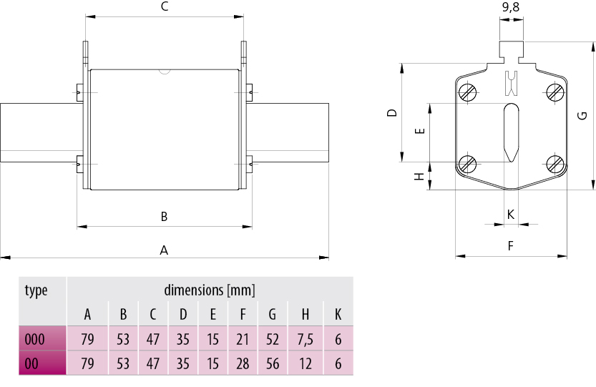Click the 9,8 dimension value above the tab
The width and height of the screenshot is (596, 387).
[x=511, y=9]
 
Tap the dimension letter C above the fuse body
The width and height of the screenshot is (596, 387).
[x=164, y=7]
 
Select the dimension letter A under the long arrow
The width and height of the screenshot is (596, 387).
[x=164, y=250]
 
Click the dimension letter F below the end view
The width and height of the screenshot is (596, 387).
[x=511, y=246]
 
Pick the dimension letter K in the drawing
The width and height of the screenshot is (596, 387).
[x=511, y=214]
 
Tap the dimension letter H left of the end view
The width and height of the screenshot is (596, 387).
[x=420, y=176]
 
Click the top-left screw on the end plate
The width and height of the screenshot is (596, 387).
[x=468, y=92]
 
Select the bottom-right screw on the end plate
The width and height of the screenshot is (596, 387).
[x=555, y=164]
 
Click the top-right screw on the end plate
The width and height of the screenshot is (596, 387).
[x=555, y=92]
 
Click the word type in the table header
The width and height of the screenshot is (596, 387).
[x=36, y=290]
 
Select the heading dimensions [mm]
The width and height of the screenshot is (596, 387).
[x=210, y=290]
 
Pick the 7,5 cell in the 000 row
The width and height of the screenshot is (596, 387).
[x=305, y=340]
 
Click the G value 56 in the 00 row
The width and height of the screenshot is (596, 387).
[x=273, y=363]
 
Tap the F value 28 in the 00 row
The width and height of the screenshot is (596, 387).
[x=243, y=363]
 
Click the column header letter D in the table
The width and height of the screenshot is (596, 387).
[x=183, y=314]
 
